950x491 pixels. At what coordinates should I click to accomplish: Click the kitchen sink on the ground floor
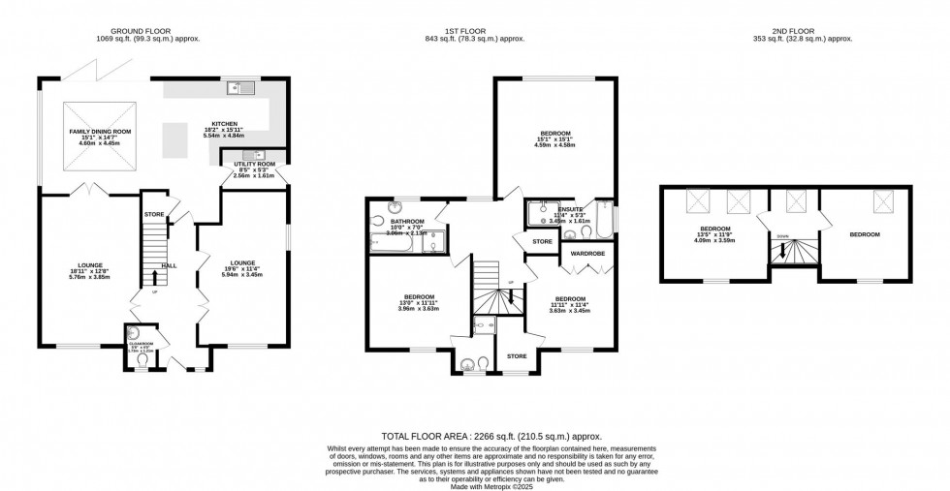pyautogui.click(x=239, y=89)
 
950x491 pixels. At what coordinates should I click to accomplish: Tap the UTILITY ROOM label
pyautogui.click(x=254, y=165)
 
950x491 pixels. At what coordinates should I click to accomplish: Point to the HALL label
pyautogui.click(x=169, y=265)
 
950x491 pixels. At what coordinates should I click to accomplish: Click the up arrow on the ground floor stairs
pyautogui.click(x=153, y=278)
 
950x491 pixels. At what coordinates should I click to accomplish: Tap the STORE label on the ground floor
pyautogui.click(x=153, y=214)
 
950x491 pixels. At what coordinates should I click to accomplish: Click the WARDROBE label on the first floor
pyautogui.click(x=587, y=253)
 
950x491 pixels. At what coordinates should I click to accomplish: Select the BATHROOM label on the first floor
pyautogui.click(x=394, y=221)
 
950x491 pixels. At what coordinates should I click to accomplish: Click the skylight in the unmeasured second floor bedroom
pyautogui.click(x=883, y=201)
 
